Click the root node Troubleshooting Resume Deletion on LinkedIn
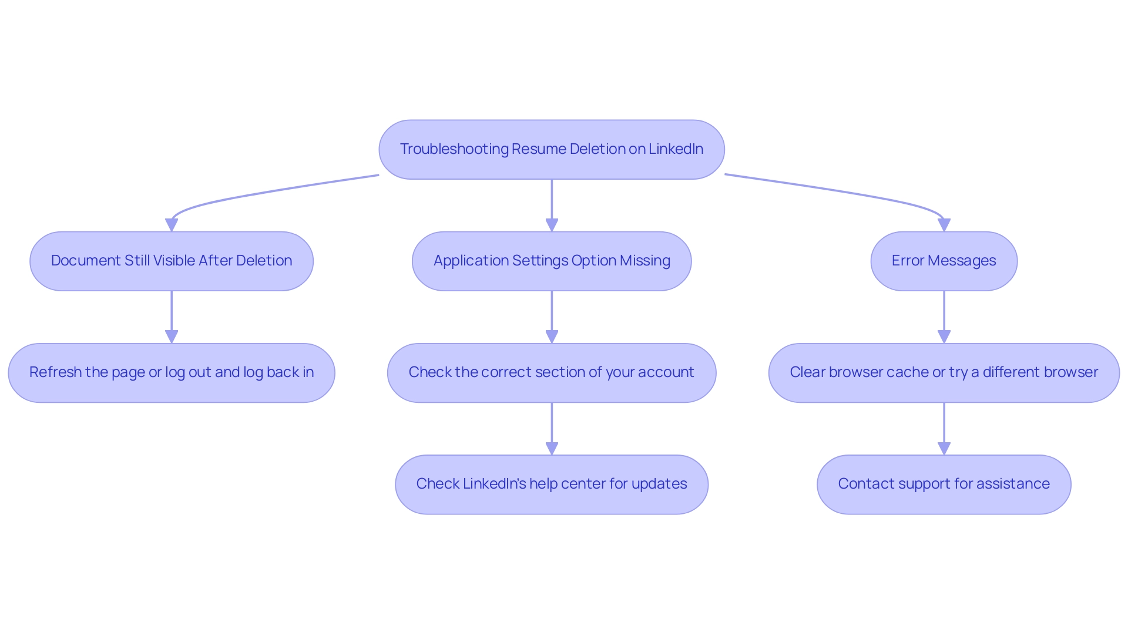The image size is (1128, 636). [551, 150]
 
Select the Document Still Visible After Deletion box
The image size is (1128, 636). [171, 261]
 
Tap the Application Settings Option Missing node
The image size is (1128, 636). [551, 261]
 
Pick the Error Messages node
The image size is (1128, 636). [944, 261]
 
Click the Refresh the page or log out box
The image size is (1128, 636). [171, 373]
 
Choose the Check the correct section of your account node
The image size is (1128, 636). [551, 373]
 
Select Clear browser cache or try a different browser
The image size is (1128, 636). [944, 373]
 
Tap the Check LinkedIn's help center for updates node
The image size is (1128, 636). [551, 484]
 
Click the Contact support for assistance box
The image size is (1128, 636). [944, 484]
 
